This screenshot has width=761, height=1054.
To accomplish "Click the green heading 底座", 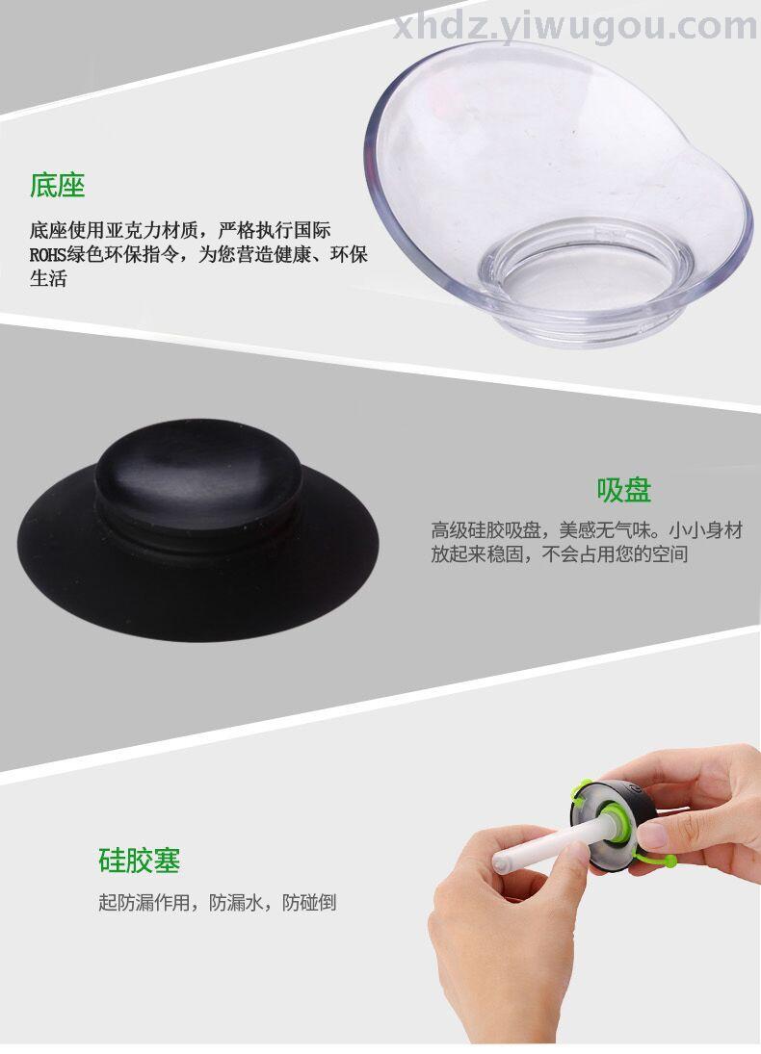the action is tap(57, 186).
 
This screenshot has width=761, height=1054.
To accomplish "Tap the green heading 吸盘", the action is tap(624, 490).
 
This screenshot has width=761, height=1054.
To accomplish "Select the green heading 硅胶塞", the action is tap(140, 861).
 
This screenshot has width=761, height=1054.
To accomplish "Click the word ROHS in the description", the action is tap(47, 255).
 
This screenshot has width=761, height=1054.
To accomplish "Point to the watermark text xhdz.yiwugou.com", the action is tap(575, 26).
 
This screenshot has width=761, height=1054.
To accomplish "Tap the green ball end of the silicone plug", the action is tap(670, 860).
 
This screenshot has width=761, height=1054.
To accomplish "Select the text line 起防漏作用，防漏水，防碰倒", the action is tap(218, 902).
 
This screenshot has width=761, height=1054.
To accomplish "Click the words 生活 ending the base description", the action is tap(48, 279).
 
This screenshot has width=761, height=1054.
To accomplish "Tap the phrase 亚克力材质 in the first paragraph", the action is tap(153, 230).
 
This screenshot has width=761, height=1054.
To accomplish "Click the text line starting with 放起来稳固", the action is tap(560, 554).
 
